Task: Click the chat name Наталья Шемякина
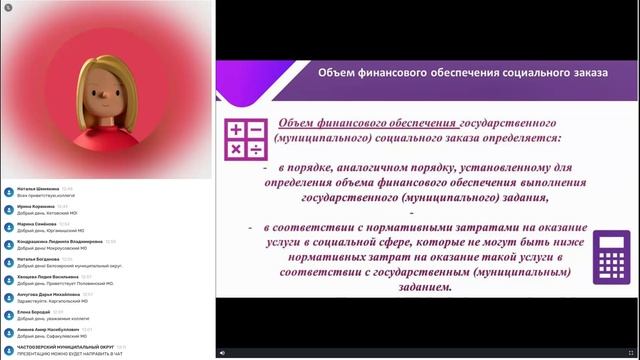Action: click(35, 187)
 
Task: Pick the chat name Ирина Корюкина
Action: click(34, 205)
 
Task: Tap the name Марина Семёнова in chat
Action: click(36, 223)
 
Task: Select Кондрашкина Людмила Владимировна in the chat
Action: click(60, 241)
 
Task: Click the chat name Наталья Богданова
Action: click(37, 259)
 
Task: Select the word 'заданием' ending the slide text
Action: click(421, 286)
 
